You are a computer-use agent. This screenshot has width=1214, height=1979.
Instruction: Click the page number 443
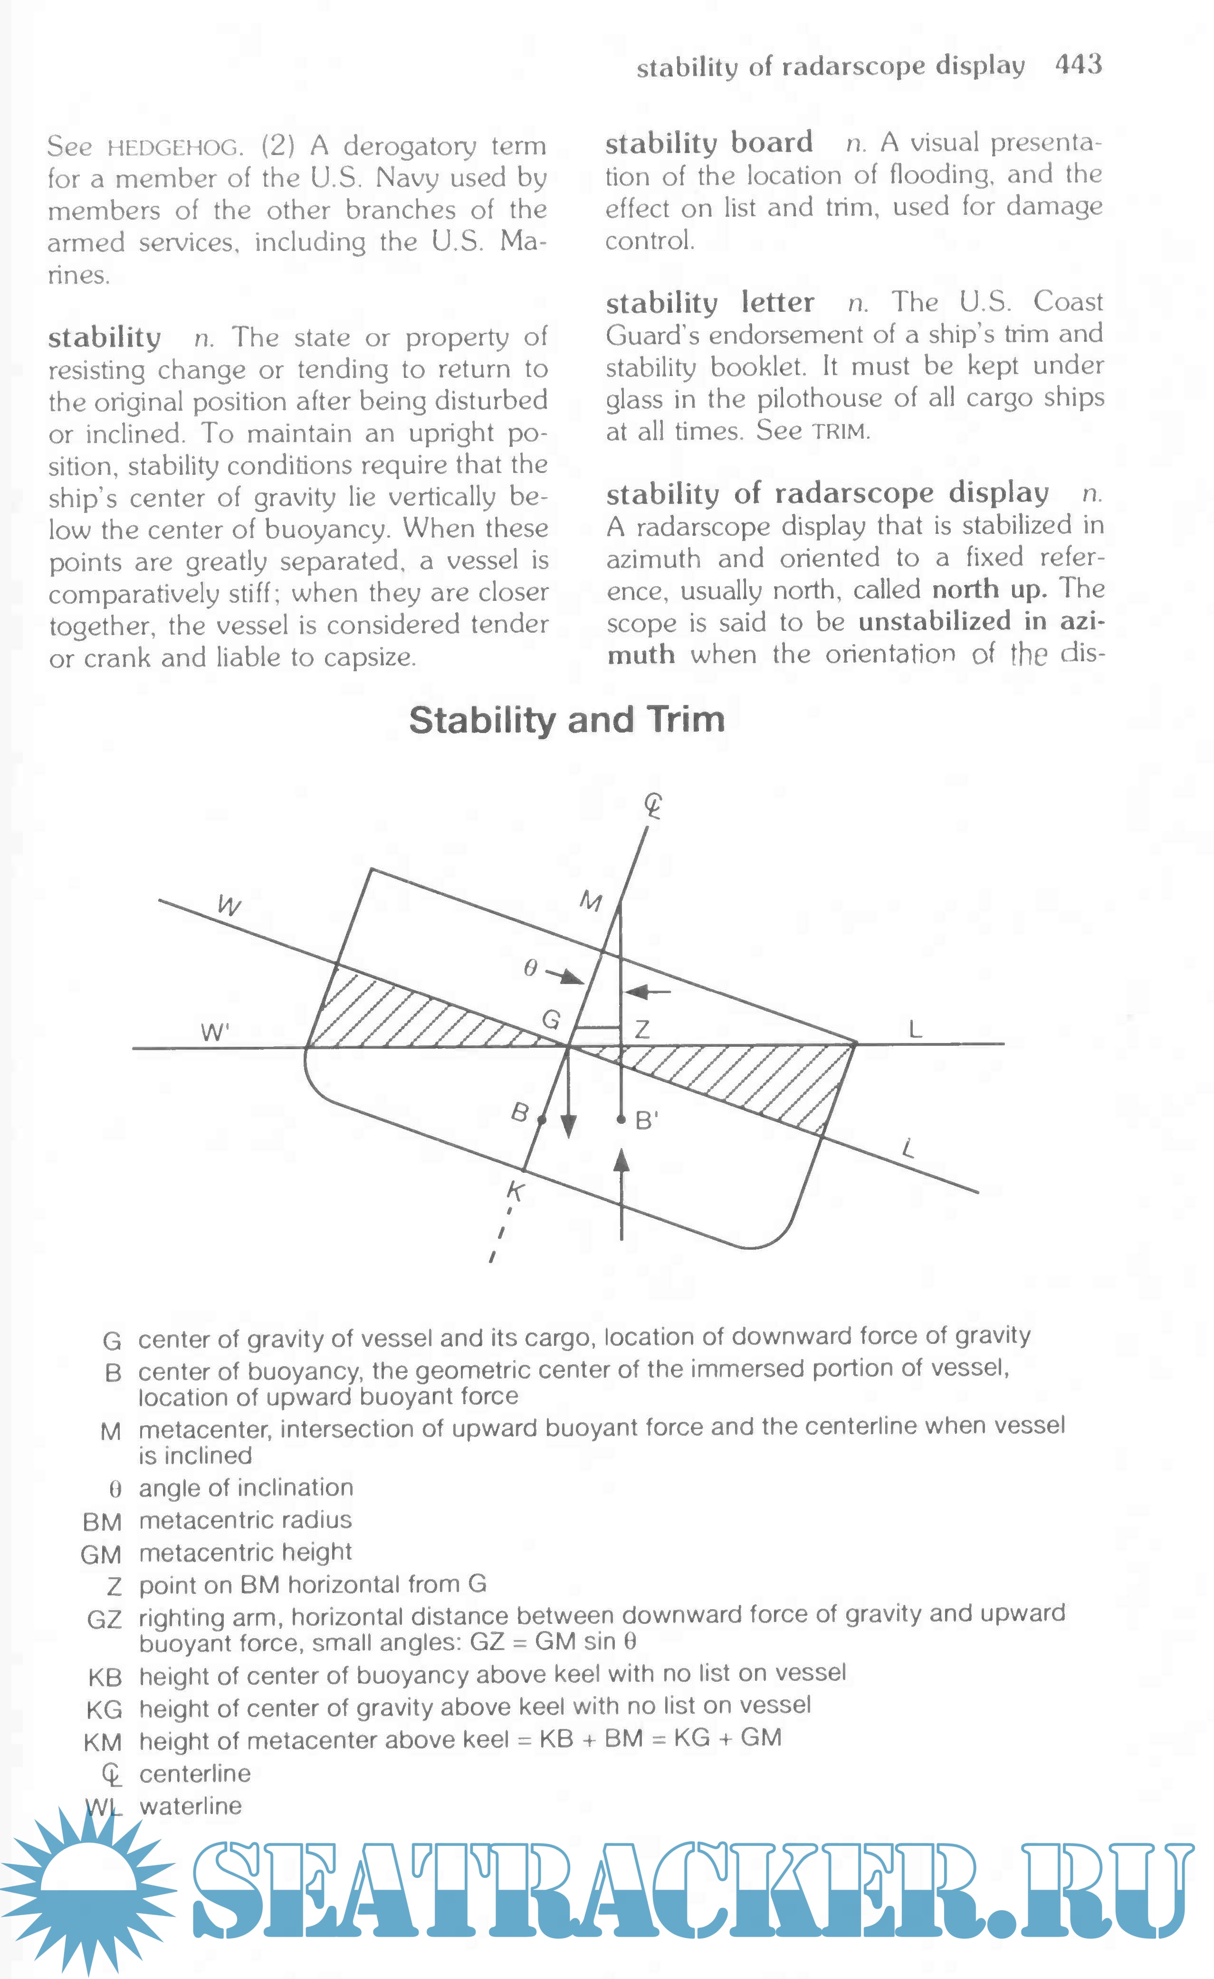[x=1078, y=64]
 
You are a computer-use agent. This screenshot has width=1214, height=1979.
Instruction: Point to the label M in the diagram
[x=591, y=902]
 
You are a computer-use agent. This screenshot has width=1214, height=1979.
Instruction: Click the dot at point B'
[x=621, y=1119]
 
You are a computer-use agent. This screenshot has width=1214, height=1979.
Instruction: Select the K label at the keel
[x=516, y=1190]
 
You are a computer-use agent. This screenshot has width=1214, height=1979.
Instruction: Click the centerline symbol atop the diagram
[x=654, y=806]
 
